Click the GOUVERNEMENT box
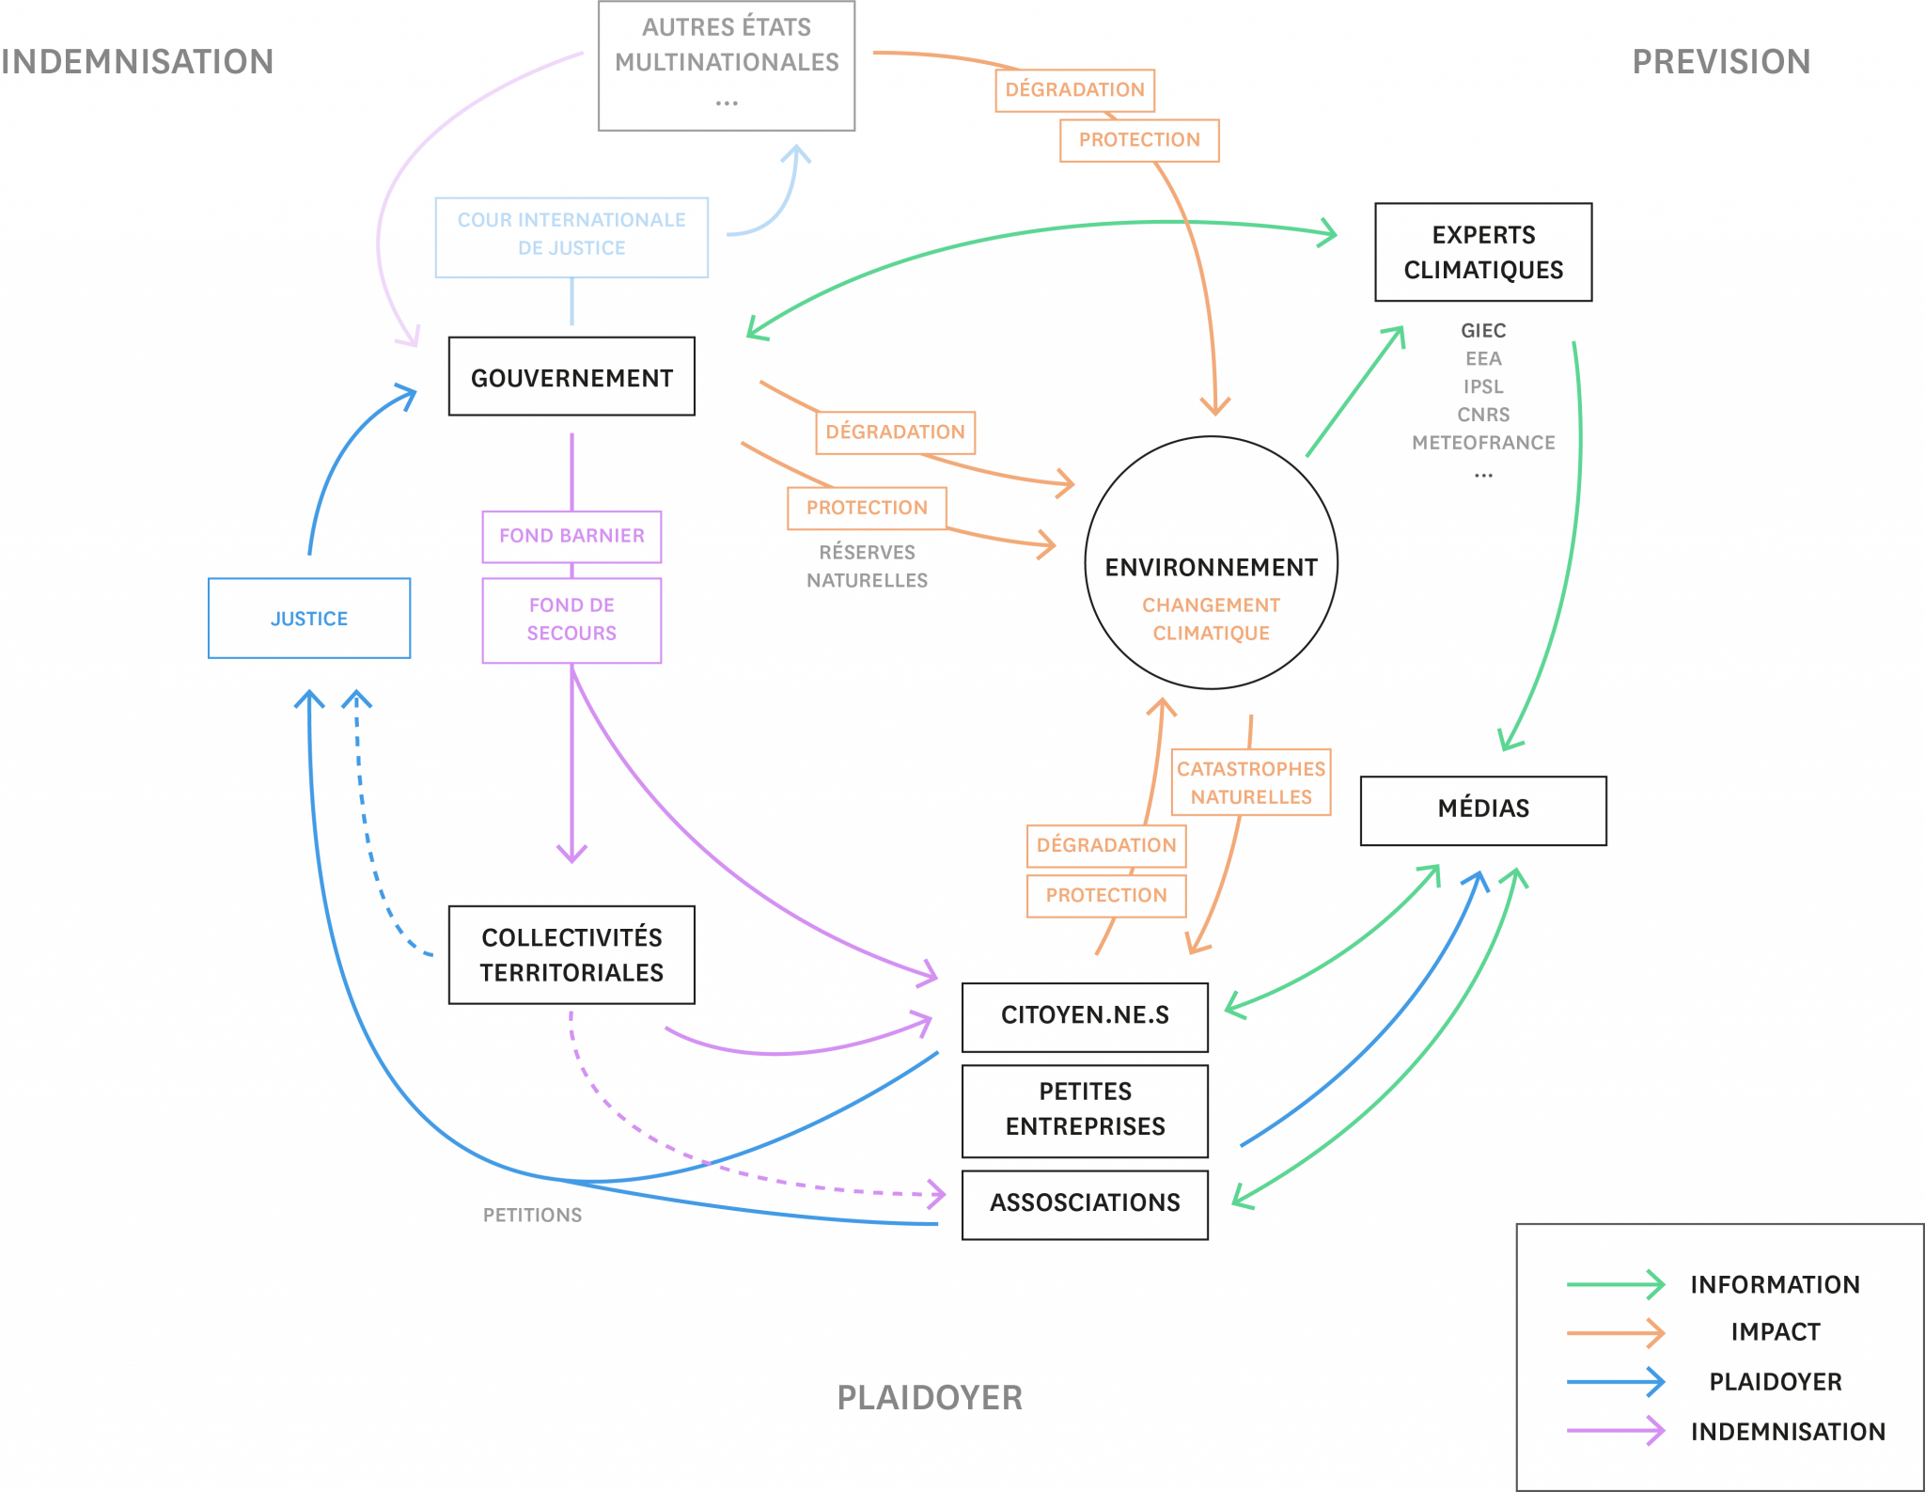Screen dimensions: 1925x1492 coord(571,376)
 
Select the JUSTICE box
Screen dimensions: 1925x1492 coord(309,618)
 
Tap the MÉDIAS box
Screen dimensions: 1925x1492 coord(1483,809)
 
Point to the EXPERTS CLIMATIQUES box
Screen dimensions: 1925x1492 coord(1483,252)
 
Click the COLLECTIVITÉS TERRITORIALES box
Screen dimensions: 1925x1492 coord(571,954)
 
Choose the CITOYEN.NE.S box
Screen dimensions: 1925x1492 coord(1085,1016)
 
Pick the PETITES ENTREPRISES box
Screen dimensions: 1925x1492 coord(1085,1110)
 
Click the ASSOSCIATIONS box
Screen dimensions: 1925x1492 coord(1085,1204)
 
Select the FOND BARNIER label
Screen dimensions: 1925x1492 coord(571,537)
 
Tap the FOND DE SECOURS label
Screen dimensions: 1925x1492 coord(571,620)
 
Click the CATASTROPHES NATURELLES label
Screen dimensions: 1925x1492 coord(1251,782)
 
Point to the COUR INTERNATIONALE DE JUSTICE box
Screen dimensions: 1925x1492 coord(571,237)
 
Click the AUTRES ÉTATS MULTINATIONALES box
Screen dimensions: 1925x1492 coord(727,66)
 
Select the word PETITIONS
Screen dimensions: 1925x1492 coord(532,1215)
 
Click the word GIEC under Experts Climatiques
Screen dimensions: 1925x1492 coord(1483,330)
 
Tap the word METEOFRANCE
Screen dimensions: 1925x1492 coord(1483,442)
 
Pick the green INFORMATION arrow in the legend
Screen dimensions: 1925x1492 coord(1615,1284)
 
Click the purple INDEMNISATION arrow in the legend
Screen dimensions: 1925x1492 coord(1615,1431)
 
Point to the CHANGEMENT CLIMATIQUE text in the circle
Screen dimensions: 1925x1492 coord(1211,619)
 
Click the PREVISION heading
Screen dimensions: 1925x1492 coord(1721,62)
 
